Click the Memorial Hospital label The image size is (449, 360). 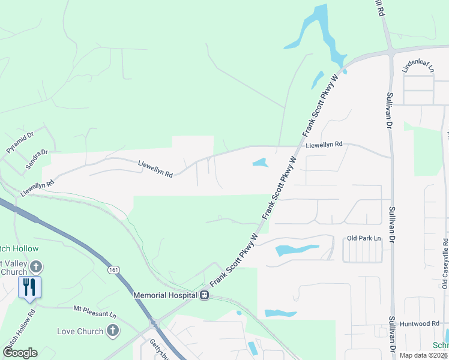click(x=166, y=295)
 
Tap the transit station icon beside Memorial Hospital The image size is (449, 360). click(x=205, y=295)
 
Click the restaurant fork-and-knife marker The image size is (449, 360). click(x=29, y=286)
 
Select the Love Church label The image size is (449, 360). click(x=80, y=331)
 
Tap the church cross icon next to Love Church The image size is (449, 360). click(x=112, y=331)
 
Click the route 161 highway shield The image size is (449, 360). click(x=113, y=271)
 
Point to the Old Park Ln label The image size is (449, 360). click(x=364, y=238)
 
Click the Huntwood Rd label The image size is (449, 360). click(x=423, y=323)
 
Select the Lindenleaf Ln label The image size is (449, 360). click(x=417, y=65)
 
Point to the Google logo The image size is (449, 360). click(x=20, y=353)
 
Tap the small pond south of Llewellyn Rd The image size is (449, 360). click(x=261, y=162)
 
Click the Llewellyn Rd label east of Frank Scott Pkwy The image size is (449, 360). click(x=324, y=145)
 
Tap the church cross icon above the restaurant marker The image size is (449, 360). click(x=36, y=267)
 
